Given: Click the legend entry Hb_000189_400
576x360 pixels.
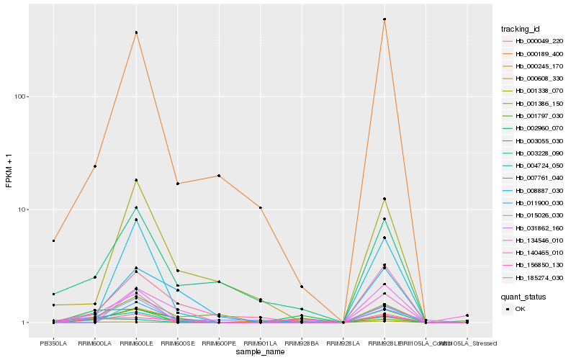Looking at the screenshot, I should (x=534, y=54).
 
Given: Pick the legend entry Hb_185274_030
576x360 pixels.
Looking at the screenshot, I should (x=534, y=277).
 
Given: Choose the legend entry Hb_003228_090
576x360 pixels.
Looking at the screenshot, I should (x=534, y=153).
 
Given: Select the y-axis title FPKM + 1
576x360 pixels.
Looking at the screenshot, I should (x=9, y=171).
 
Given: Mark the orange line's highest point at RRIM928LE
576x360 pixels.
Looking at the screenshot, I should (x=384, y=19).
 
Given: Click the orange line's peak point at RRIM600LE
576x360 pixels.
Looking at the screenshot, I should (x=136, y=32).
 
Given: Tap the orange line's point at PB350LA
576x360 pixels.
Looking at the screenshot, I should (x=53, y=240).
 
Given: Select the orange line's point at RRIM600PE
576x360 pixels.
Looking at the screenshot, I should (x=219, y=176).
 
